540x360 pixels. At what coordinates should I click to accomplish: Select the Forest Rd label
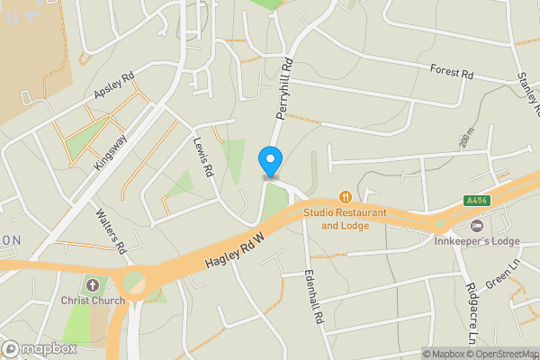click(x=452, y=70)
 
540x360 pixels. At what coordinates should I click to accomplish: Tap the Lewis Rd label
click(x=202, y=155)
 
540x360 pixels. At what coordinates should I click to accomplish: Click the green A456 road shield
click(x=477, y=201)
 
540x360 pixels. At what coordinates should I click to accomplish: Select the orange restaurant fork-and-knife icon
click(x=345, y=196)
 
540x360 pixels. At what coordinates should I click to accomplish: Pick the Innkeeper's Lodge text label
click(x=477, y=240)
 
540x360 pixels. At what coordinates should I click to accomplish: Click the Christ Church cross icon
click(x=90, y=284)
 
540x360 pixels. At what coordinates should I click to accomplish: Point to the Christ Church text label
click(x=93, y=301)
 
